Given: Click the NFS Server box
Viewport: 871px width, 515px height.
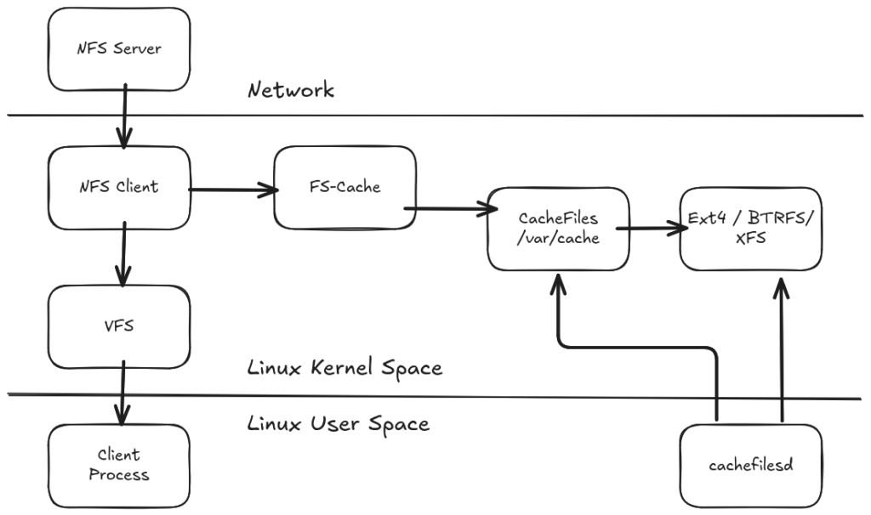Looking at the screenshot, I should tap(119, 49).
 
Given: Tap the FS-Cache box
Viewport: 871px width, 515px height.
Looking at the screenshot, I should tap(344, 187).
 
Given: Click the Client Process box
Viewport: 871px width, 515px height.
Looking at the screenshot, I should tap(119, 466).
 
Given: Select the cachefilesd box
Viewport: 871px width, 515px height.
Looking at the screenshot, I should tap(751, 466).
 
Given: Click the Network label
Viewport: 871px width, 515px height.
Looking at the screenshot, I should tap(292, 90).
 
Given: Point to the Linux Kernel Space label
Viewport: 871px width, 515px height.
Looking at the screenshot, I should tap(344, 368).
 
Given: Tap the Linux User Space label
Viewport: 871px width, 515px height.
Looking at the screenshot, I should tap(339, 423).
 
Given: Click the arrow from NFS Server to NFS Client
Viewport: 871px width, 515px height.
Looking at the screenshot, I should tap(124, 119).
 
